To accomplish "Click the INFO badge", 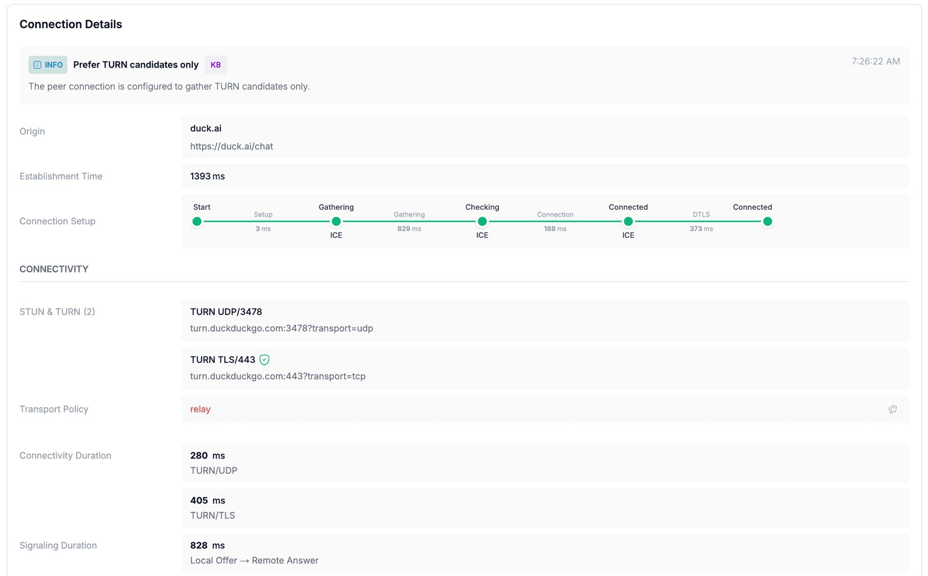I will point(48,65).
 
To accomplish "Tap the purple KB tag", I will point(216,65).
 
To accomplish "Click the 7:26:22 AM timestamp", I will point(875,61).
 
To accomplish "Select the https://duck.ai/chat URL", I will point(232,146).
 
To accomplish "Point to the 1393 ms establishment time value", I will point(207,176).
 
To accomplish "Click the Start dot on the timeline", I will point(197,222).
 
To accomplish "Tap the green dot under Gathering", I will point(336,222).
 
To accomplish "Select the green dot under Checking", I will point(482,222).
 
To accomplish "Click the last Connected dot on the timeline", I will point(767,222).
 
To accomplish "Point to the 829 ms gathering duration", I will point(409,229).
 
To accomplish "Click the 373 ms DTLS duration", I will point(701,229).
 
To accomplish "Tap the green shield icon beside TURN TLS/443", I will point(264,360).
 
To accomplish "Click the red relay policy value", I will point(200,409).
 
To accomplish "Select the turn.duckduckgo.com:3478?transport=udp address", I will point(281,328).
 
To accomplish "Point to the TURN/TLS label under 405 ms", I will point(213,516).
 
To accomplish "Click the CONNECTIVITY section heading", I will point(54,269).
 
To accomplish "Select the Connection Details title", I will point(71,24).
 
